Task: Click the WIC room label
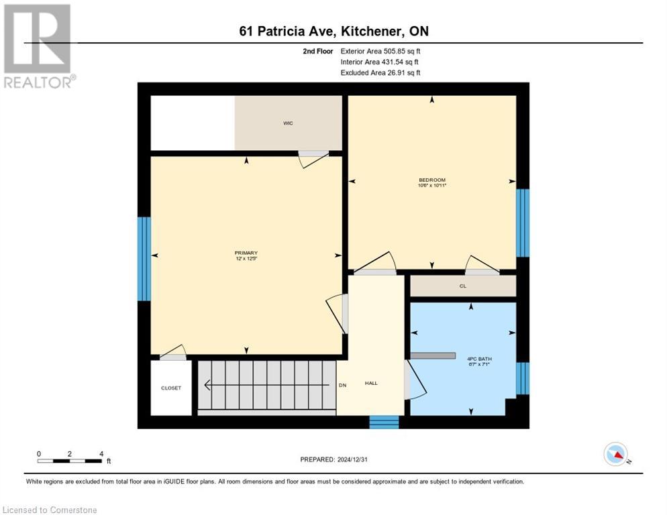pos(288,123)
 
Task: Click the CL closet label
pos(462,286)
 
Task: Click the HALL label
pos(371,383)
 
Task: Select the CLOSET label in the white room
pos(170,388)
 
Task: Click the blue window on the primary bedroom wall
pos(144,259)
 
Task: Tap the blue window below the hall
pos(384,422)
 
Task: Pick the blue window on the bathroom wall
pos(522,378)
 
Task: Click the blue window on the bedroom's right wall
pos(522,223)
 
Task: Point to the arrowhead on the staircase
pos(208,385)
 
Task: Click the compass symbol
pos(615,454)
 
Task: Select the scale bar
pos(70,461)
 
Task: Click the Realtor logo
pos(38,46)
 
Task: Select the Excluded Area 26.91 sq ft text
pos(380,72)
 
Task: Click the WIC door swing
pos(313,159)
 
